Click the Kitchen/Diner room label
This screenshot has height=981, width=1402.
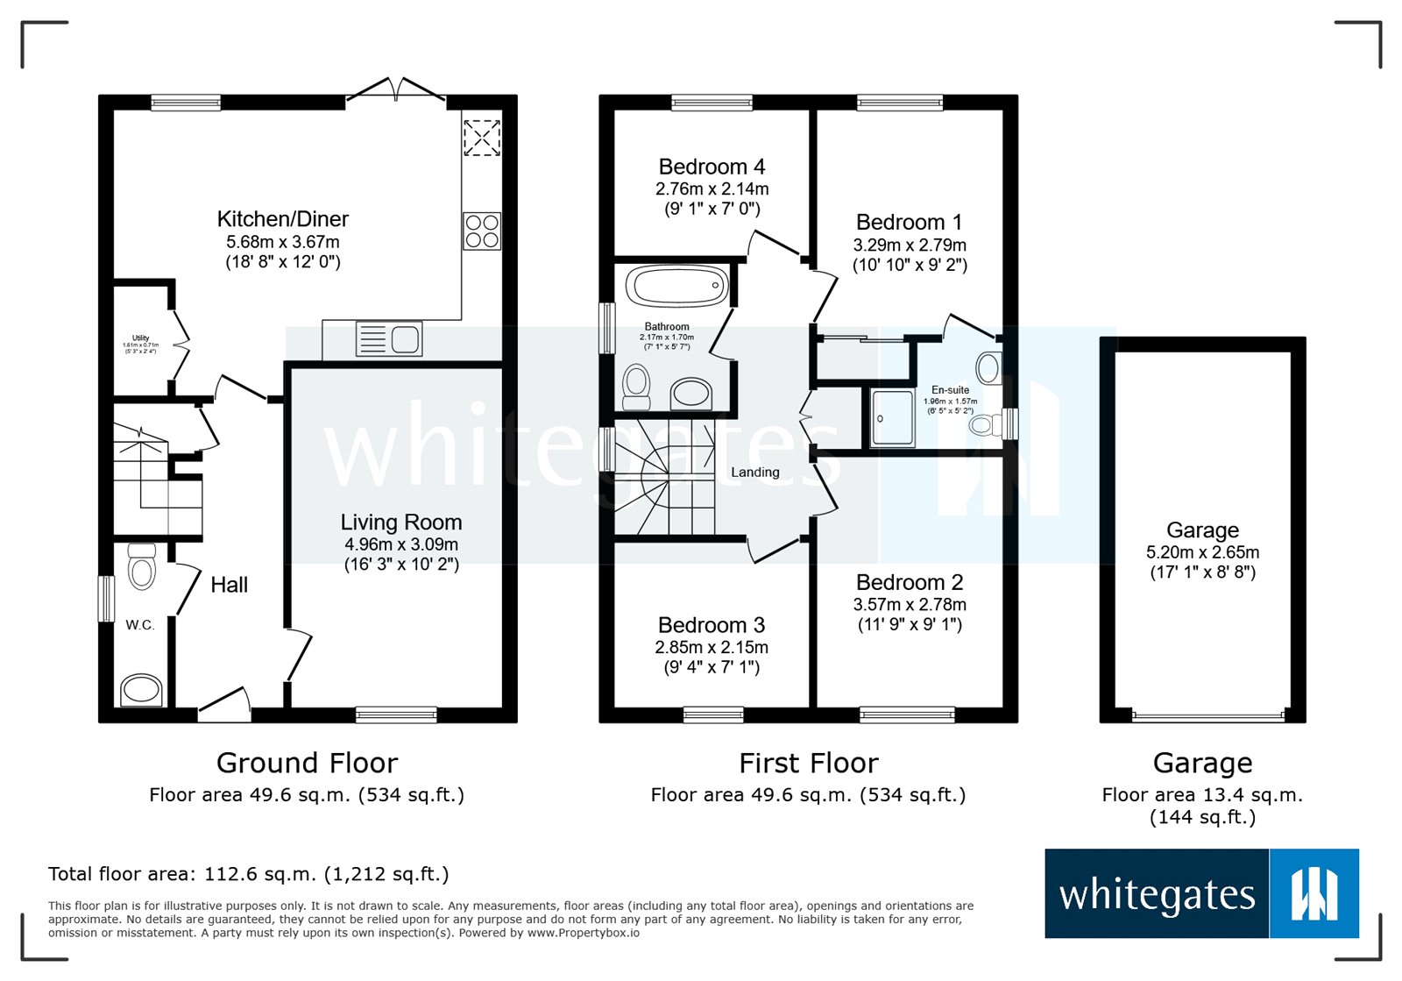point(282,219)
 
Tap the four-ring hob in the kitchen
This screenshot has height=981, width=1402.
point(482,231)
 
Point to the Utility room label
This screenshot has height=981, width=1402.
point(140,338)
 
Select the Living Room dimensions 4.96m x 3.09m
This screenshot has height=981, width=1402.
point(401,544)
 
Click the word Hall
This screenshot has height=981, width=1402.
point(229,585)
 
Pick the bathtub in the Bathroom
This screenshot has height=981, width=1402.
point(676,286)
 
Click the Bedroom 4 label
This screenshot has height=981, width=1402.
point(712,167)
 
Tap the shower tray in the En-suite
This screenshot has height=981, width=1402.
point(892,418)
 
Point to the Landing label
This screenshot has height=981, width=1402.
point(754,472)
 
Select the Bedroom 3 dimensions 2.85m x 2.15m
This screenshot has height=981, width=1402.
point(712,647)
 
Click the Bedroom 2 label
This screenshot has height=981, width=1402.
point(910,582)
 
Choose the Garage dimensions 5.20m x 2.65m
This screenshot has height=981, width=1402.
point(1202,552)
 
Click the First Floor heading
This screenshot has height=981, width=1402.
point(808,763)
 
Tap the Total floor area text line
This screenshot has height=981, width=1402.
point(248,874)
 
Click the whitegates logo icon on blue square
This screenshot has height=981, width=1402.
point(1313,893)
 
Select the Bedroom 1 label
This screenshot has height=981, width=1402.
point(910,222)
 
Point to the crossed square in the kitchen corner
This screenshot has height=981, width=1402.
point(481,138)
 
